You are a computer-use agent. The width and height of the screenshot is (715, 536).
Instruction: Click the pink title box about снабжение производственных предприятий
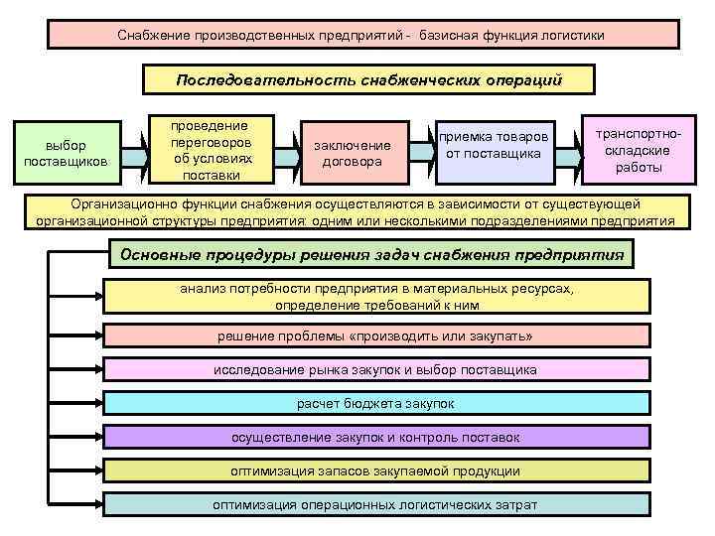[363, 35]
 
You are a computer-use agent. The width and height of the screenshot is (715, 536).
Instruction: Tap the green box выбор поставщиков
[68, 154]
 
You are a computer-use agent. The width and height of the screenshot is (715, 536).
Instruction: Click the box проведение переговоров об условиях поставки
[213, 151]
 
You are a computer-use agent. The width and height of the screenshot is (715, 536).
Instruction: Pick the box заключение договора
[352, 154]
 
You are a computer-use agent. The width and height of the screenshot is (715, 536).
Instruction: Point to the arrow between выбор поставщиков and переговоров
[135, 156]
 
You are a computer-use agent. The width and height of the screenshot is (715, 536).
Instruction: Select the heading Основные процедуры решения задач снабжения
[371, 254]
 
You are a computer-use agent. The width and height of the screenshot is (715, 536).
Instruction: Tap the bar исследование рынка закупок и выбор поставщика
[375, 370]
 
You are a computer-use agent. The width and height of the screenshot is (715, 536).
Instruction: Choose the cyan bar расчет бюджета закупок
[375, 404]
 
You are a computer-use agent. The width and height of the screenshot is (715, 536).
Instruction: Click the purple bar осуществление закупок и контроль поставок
[375, 437]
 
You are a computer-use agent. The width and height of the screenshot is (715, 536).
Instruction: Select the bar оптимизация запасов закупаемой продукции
[375, 470]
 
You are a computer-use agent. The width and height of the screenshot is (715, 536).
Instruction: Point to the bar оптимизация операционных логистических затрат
[375, 504]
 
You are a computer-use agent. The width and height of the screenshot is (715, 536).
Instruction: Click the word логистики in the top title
[567, 35]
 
